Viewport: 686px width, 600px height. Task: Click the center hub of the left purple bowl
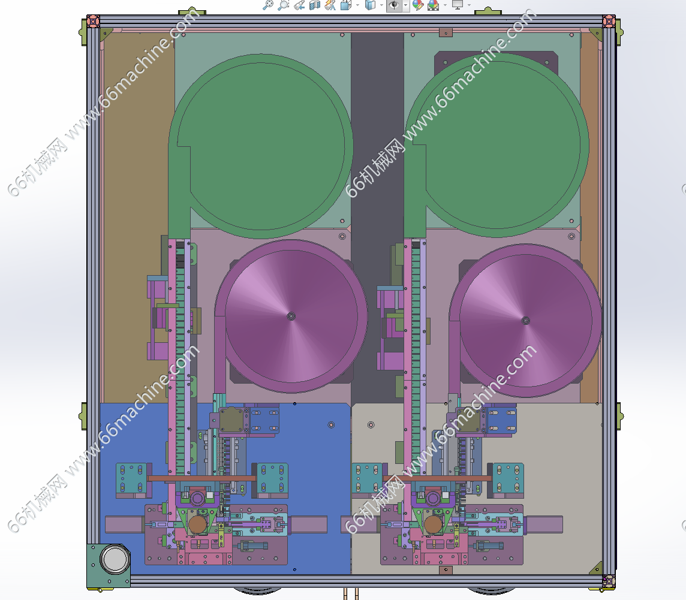(x=291, y=316)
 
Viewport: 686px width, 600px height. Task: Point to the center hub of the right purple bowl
(x=526, y=321)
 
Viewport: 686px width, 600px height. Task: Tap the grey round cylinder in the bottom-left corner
(x=115, y=559)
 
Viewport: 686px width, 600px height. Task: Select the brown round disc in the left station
(x=197, y=524)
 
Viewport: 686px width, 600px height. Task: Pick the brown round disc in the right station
(x=433, y=524)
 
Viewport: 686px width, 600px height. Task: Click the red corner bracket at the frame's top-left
(x=93, y=20)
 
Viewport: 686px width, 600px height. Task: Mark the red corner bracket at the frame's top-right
(x=609, y=20)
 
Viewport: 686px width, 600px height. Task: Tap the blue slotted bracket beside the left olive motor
(x=264, y=421)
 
